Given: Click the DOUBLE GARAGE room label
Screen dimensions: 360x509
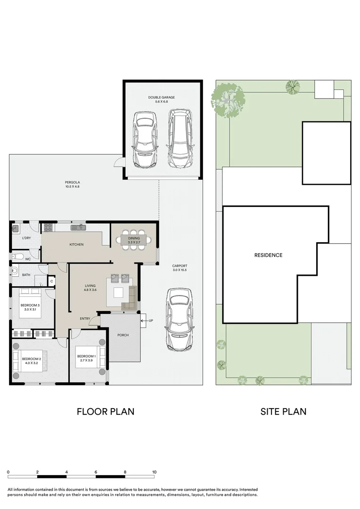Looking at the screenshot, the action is [x=161, y=98].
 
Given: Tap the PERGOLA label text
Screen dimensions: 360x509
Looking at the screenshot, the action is [x=73, y=182].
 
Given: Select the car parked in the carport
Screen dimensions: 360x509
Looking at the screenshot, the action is [x=180, y=320].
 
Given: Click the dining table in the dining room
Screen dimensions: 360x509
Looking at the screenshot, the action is [x=134, y=240].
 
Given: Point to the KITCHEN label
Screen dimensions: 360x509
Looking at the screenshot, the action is [x=77, y=245].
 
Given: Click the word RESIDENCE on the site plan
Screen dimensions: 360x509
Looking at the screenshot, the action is [x=268, y=255].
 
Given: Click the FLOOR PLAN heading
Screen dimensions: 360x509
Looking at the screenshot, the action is [x=106, y=411].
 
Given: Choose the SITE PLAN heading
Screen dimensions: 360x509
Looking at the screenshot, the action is [x=283, y=411].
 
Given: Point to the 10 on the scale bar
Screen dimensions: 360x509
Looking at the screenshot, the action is [x=154, y=472].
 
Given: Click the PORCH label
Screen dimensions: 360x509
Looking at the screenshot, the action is [x=123, y=335].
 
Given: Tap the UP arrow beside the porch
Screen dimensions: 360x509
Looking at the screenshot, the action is [x=144, y=321].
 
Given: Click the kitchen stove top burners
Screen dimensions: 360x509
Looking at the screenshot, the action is [x=48, y=227].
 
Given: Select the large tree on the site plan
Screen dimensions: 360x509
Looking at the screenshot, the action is [x=228, y=99].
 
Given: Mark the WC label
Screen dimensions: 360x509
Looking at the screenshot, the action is [x=28, y=259].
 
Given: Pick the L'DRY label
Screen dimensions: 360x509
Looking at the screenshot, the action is [x=26, y=238].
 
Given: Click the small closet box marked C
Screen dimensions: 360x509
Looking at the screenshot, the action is [x=52, y=281].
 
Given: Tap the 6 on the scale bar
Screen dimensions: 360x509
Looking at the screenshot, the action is [x=96, y=472].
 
